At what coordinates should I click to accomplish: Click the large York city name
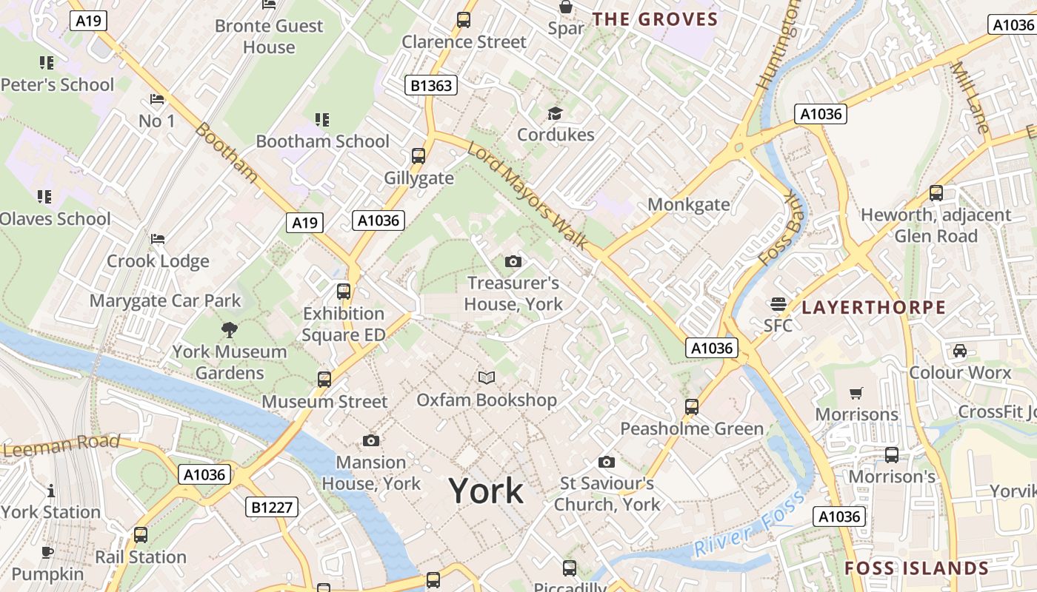pyautogui.click(x=486, y=491)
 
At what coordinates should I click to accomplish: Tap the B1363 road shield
pyautogui.click(x=432, y=86)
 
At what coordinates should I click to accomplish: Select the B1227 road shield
pyautogui.click(x=272, y=507)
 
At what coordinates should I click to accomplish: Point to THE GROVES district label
pyautogui.click(x=656, y=19)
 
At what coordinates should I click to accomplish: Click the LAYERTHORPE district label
pyautogui.click(x=874, y=307)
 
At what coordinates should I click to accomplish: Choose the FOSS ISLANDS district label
pyautogui.click(x=917, y=568)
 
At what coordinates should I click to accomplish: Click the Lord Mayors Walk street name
pyautogui.click(x=528, y=195)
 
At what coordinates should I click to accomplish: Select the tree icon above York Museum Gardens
pyautogui.click(x=230, y=329)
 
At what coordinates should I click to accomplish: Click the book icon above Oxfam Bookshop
pyautogui.click(x=487, y=378)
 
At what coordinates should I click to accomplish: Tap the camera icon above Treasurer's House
pyautogui.click(x=513, y=261)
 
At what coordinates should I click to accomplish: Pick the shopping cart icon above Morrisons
pyautogui.click(x=856, y=393)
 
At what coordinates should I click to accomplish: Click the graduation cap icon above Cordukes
pyautogui.click(x=556, y=113)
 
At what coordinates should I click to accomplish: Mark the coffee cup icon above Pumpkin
pyautogui.click(x=47, y=552)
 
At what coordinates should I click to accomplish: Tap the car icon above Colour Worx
pyautogui.click(x=960, y=350)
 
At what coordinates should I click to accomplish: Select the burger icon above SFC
pyautogui.click(x=778, y=303)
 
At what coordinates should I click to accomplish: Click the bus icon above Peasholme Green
pyautogui.click(x=692, y=406)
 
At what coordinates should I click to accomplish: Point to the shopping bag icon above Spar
pyautogui.click(x=566, y=7)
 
